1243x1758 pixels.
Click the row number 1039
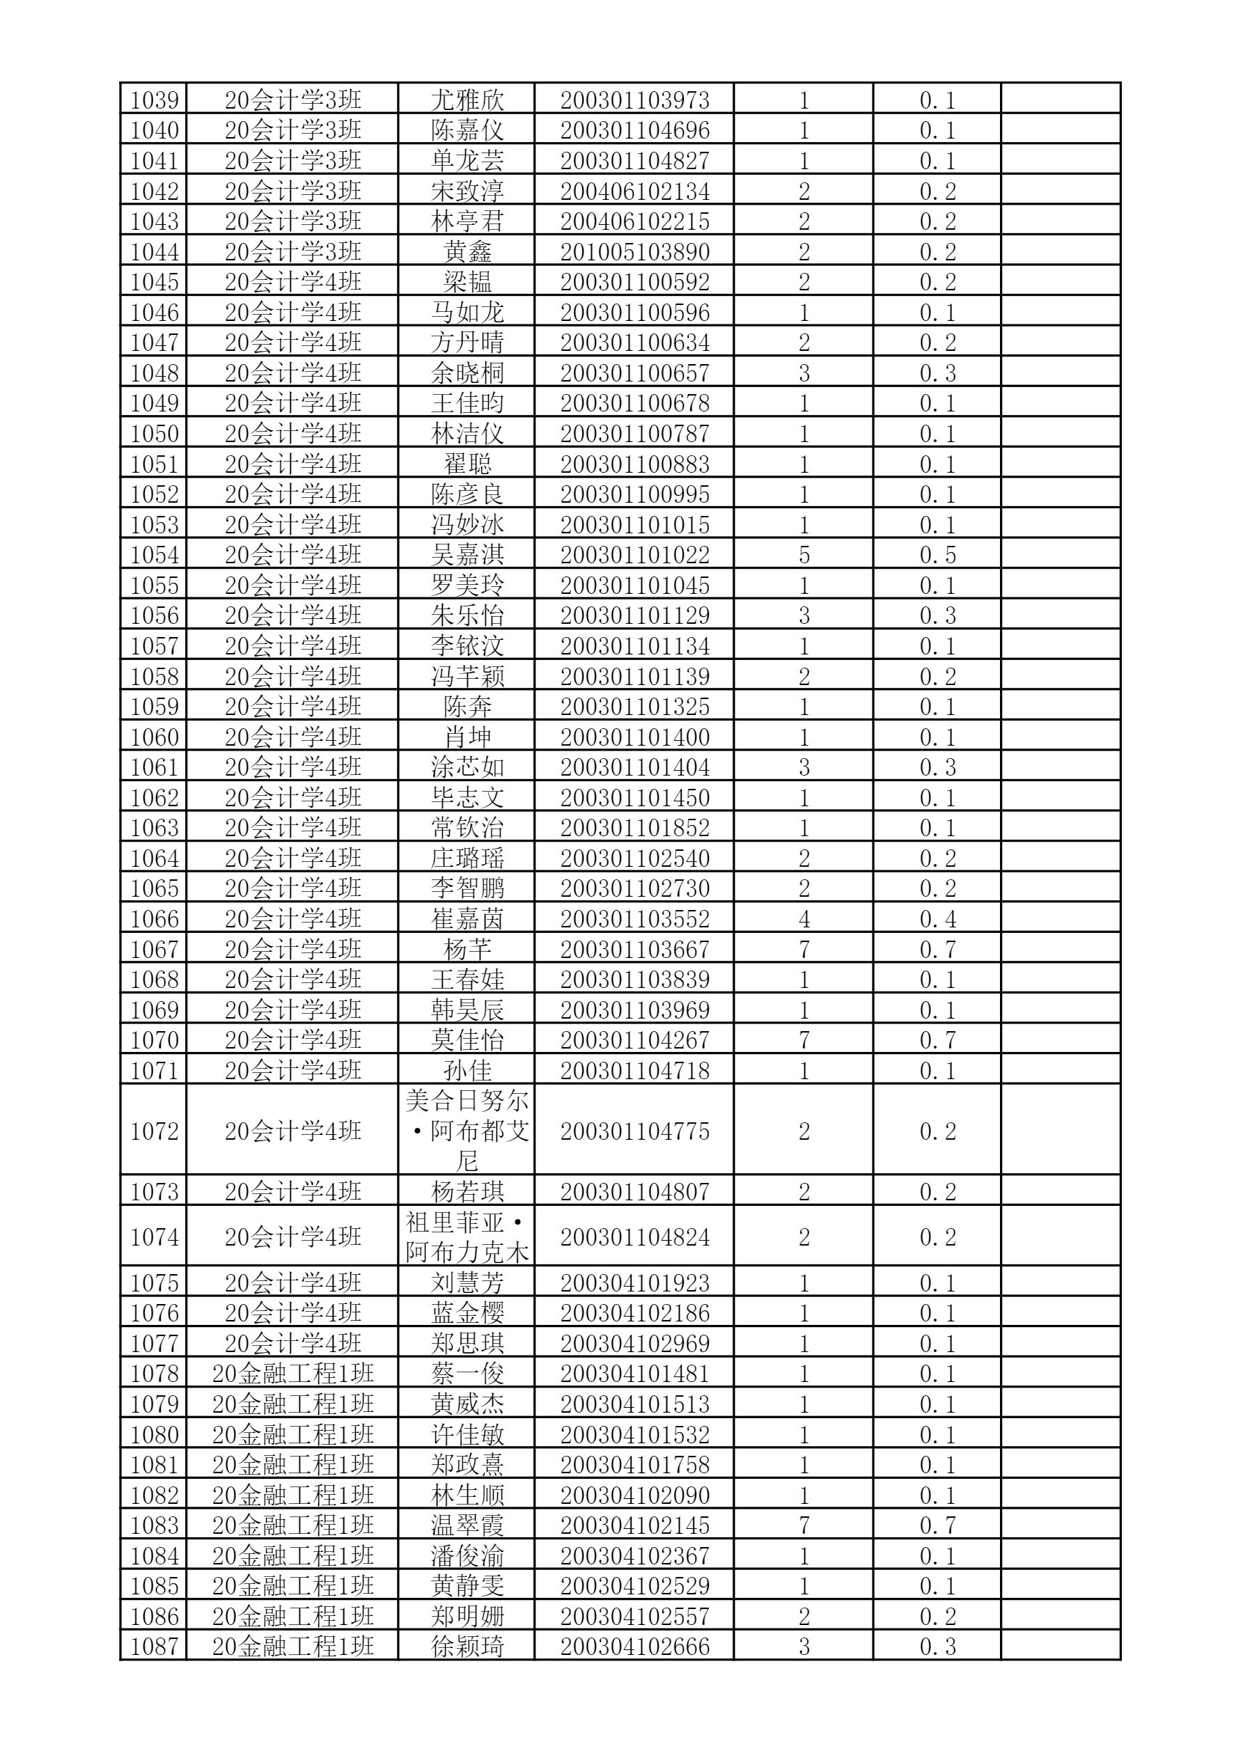pos(154,100)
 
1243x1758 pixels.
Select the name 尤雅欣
pos(467,100)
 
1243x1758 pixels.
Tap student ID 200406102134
pos(634,191)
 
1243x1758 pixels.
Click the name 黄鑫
pos(467,252)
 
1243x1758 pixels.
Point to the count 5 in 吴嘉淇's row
pos(804,555)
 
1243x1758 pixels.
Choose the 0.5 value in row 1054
pos(937,555)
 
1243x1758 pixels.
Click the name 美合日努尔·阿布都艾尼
pos(467,1131)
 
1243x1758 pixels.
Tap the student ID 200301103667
pos(634,950)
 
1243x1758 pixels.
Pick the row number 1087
pos(154,1646)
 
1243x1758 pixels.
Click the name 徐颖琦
pos(467,1646)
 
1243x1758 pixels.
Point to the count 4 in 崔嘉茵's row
pos(804,919)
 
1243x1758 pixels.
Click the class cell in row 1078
pos(292,1374)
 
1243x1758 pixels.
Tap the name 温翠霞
pos(467,1525)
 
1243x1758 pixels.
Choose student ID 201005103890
pos(634,252)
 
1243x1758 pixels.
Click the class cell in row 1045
pos(292,283)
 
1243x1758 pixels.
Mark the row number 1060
pos(154,737)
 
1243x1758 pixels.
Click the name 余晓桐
pos(467,374)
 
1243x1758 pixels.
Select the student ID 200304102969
pos(634,1344)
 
